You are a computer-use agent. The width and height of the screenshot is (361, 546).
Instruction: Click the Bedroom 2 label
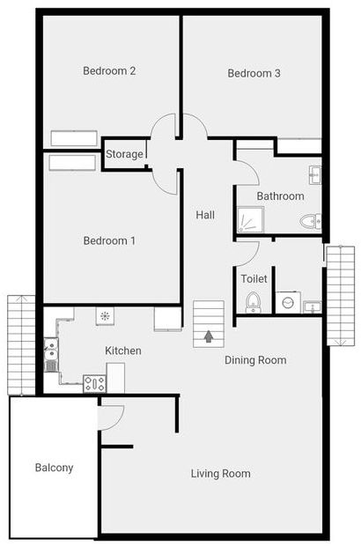coord(108,71)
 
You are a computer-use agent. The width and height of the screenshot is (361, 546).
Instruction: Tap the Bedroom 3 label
coord(254,73)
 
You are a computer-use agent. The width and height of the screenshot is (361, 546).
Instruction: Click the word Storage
coord(124,154)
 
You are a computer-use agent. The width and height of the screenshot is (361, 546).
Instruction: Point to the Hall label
coord(205,214)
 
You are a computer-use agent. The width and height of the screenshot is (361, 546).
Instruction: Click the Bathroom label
coord(280,196)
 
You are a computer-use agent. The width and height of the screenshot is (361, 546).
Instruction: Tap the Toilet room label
coord(254,278)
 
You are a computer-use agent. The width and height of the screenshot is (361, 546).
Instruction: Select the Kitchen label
coord(123,350)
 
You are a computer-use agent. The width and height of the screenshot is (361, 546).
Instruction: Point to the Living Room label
coord(221,474)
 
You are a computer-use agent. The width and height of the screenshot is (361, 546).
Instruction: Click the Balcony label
coord(55,468)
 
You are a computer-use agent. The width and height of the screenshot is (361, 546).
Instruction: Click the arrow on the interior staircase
coord(209,336)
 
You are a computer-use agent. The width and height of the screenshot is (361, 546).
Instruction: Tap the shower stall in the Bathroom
coord(249,219)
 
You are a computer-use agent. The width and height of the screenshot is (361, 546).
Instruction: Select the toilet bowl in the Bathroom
coord(310,221)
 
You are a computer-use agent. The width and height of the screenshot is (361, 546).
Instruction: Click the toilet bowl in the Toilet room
coord(254,302)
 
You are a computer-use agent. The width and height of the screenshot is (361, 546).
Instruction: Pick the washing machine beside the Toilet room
coord(288,303)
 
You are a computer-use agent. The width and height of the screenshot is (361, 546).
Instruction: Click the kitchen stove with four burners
coord(94,383)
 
